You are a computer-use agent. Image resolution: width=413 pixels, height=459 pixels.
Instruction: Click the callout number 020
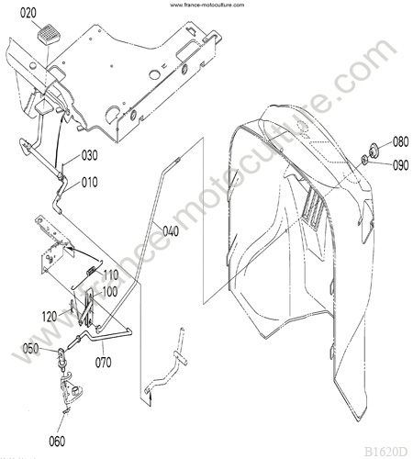click(28, 13)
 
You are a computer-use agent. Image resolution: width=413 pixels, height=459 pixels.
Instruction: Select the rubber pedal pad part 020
click(48, 35)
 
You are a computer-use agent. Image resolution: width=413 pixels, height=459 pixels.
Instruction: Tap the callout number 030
click(90, 155)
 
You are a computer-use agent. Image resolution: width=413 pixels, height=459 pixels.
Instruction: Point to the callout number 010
click(90, 183)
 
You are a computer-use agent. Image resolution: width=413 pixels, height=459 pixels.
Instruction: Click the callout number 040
click(171, 231)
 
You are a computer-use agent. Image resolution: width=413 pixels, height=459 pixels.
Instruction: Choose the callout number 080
click(401, 142)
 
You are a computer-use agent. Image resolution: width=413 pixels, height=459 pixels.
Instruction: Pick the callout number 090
click(401, 165)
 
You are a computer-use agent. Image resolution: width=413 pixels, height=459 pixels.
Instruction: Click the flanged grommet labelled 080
click(373, 150)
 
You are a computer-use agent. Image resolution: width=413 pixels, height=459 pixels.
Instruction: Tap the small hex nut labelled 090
click(364, 159)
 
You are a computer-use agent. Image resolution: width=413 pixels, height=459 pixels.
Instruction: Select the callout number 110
click(110, 274)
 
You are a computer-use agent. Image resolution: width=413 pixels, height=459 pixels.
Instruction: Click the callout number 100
click(110, 292)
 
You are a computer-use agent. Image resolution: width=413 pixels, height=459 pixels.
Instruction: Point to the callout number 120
click(50, 317)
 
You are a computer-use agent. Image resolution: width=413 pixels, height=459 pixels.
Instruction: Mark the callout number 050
click(30, 349)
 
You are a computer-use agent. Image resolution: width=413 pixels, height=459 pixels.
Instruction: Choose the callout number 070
click(103, 363)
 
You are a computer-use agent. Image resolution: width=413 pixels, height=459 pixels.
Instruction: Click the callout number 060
click(57, 442)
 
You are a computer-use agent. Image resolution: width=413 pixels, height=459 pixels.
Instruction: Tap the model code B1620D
click(386, 452)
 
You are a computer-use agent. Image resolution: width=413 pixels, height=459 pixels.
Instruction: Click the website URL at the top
click(207, 5)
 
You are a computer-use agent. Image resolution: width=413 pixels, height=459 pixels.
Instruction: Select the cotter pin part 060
click(66, 411)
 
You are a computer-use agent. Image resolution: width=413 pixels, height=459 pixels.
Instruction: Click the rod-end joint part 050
click(61, 355)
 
